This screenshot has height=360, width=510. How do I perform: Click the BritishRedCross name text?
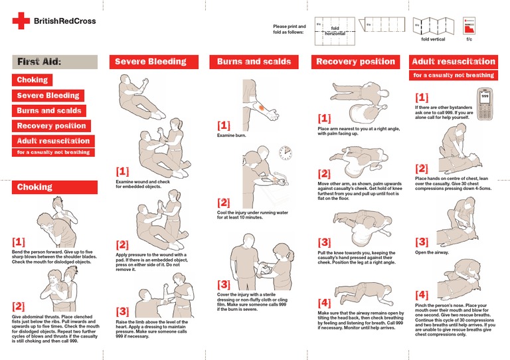64,21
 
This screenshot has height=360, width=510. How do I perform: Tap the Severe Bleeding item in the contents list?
47,96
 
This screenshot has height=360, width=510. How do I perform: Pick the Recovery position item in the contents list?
51,126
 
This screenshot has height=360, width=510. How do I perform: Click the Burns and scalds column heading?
254,62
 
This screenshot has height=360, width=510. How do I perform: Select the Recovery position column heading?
355,62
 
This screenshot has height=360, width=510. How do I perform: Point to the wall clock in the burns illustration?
286,153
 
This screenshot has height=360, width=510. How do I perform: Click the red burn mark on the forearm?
268,108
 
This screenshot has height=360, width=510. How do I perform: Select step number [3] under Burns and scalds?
224,284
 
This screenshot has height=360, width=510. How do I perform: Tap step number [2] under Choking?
19,306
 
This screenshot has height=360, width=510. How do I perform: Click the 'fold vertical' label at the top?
434,39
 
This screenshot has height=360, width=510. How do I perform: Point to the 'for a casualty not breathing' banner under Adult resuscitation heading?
453,76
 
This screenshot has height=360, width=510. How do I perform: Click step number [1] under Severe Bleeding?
122,171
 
